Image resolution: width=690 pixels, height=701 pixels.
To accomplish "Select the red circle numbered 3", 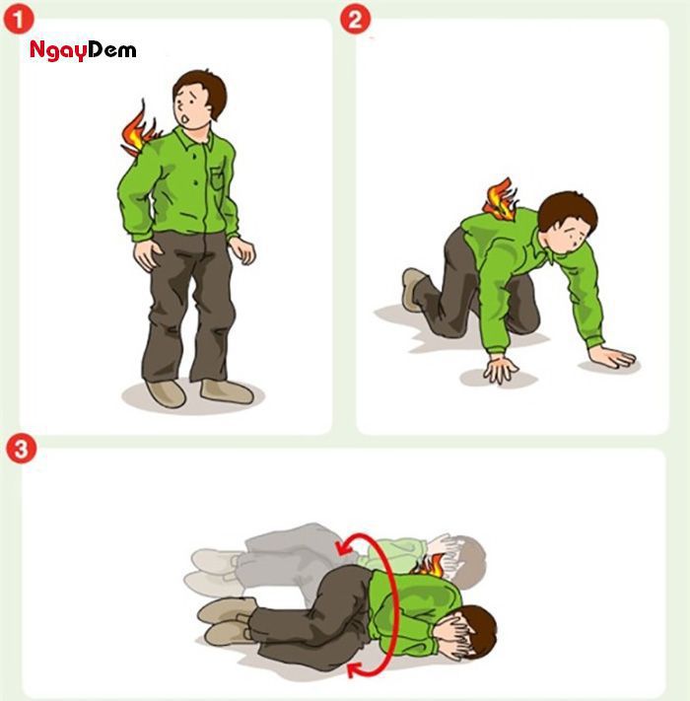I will tap(19, 449).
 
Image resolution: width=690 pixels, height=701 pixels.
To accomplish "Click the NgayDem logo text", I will tap(83, 50).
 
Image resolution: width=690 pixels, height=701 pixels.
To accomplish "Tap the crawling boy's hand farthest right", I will tap(612, 356).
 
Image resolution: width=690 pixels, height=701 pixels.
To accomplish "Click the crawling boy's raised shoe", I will tap(413, 287).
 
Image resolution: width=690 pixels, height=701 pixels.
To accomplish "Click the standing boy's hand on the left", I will tap(148, 253).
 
